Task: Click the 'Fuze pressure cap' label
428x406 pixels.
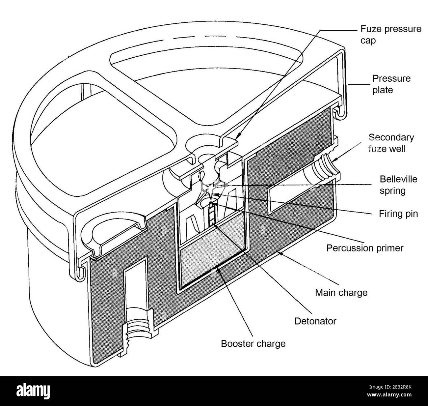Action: [x=390, y=35]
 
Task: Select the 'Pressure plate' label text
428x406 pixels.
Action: [x=387, y=84]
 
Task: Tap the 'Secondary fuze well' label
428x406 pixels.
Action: [x=391, y=143]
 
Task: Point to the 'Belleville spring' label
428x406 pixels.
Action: [x=398, y=185]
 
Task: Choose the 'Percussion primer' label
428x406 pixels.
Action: [x=364, y=248]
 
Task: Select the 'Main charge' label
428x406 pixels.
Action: [x=341, y=292]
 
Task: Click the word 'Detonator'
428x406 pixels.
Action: [x=315, y=321]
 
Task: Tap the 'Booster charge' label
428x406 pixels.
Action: [x=253, y=343]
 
